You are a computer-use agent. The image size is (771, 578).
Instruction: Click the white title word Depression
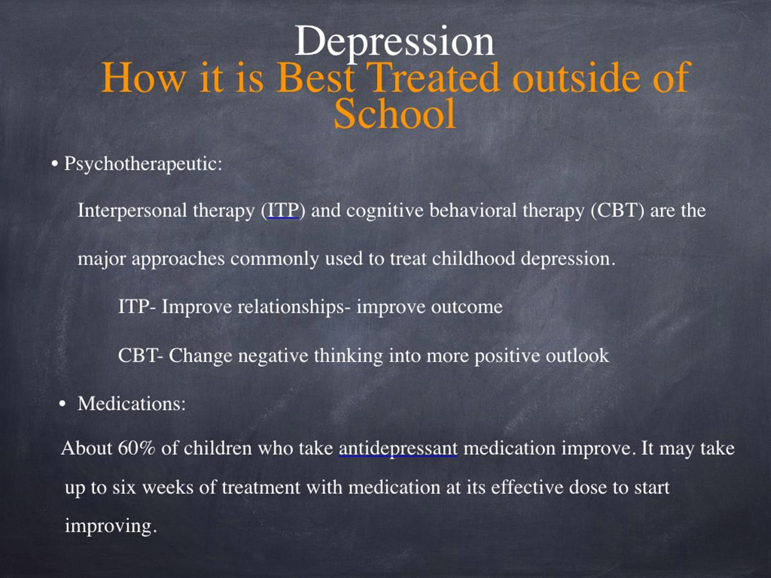(x=394, y=42)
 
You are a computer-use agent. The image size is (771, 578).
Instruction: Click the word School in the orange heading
(x=394, y=114)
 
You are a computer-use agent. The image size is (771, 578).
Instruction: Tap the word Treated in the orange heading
(x=434, y=77)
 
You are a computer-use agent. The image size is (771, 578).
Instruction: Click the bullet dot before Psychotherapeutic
(x=55, y=164)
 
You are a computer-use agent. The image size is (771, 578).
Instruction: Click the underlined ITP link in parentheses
(x=283, y=211)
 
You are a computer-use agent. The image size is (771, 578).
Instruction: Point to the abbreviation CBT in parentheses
(x=617, y=211)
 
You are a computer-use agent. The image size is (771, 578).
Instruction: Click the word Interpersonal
(x=132, y=211)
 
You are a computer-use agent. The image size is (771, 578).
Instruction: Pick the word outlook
(x=577, y=355)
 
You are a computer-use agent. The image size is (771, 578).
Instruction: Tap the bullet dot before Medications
(x=62, y=404)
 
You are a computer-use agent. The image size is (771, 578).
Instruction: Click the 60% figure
(x=136, y=448)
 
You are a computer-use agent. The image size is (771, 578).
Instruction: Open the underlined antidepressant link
(x=398, y=449)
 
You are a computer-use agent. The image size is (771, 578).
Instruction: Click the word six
(x=124, y=488)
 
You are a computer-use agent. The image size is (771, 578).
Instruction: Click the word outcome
(x=467, y=307)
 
